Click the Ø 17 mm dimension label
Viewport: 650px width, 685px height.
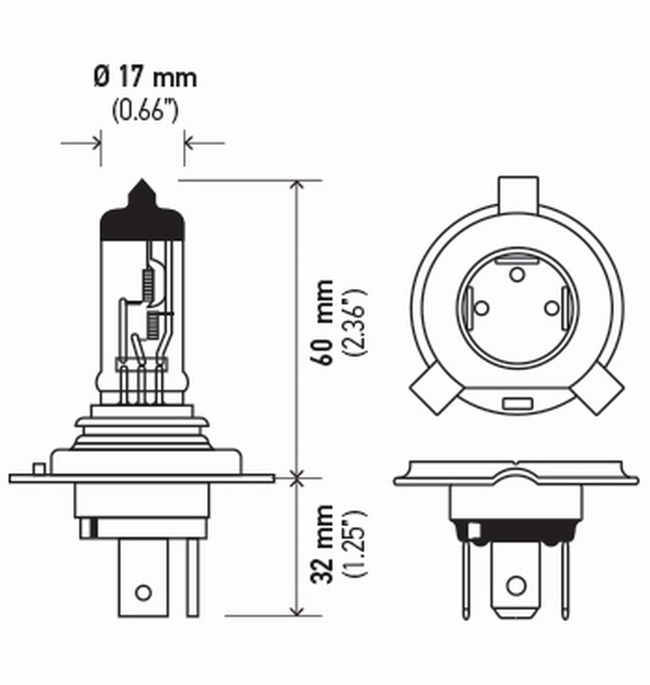coord(145,78)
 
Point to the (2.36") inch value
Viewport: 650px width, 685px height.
coord(356,322)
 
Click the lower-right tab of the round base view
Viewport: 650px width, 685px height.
coord(599,391)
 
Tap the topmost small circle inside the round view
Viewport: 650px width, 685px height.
coord(517,275)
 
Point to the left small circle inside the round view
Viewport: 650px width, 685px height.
coord(481,309)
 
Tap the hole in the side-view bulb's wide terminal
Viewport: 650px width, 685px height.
coord(143,592)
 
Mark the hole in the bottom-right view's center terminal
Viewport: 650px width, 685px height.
coord(516,585)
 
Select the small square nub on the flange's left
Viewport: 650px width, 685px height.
coord(39,469)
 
